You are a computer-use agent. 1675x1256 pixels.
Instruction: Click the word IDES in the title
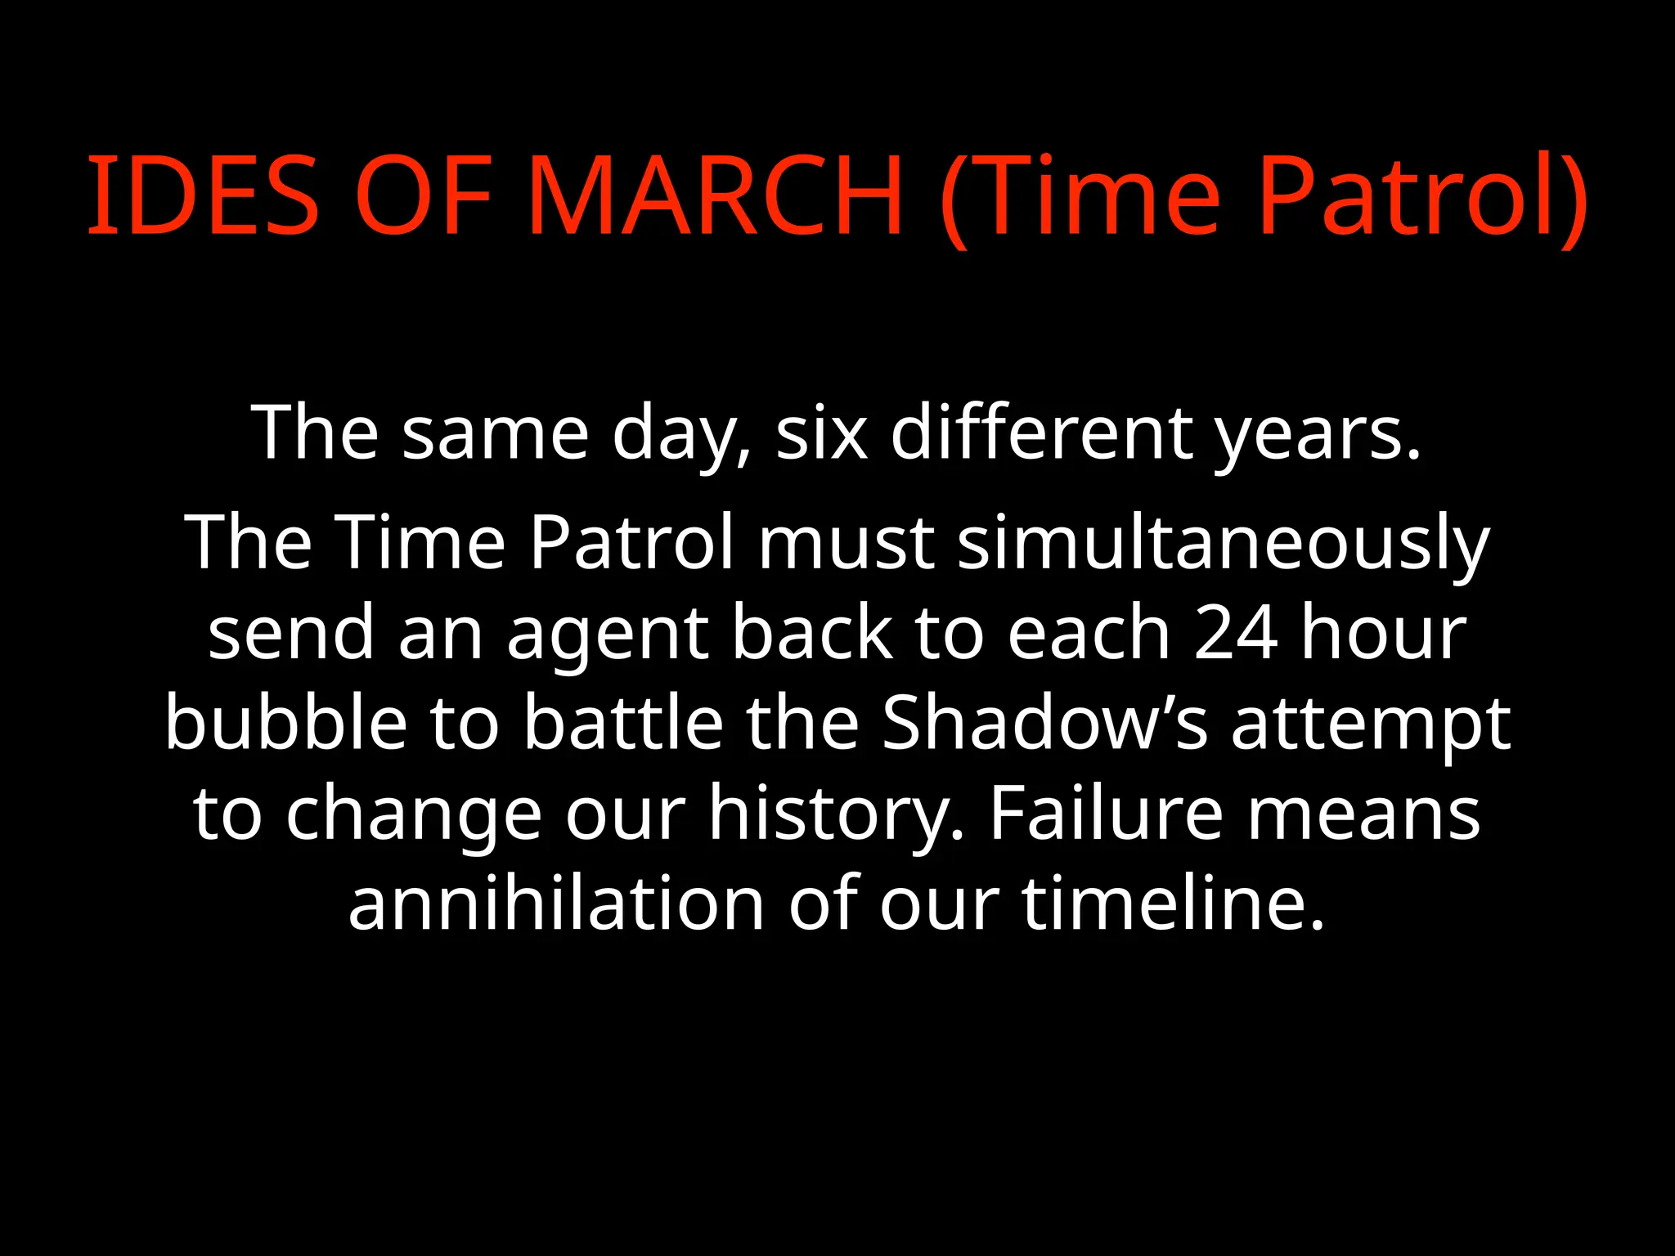click(202, 196)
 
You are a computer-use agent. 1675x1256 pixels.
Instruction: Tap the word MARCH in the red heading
click(714, 196)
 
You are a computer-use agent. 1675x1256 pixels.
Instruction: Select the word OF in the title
click(423, 196)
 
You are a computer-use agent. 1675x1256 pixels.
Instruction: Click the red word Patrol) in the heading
click(1422, 196)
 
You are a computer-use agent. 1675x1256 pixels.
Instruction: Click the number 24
click(1236, 632)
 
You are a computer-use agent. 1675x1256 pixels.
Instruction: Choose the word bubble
click(286, 722)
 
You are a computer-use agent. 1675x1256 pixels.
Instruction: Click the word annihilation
click(557, 903)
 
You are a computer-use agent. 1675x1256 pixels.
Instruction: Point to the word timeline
click(1173, 903)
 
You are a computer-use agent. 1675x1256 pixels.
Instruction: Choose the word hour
click(1383, 632)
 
